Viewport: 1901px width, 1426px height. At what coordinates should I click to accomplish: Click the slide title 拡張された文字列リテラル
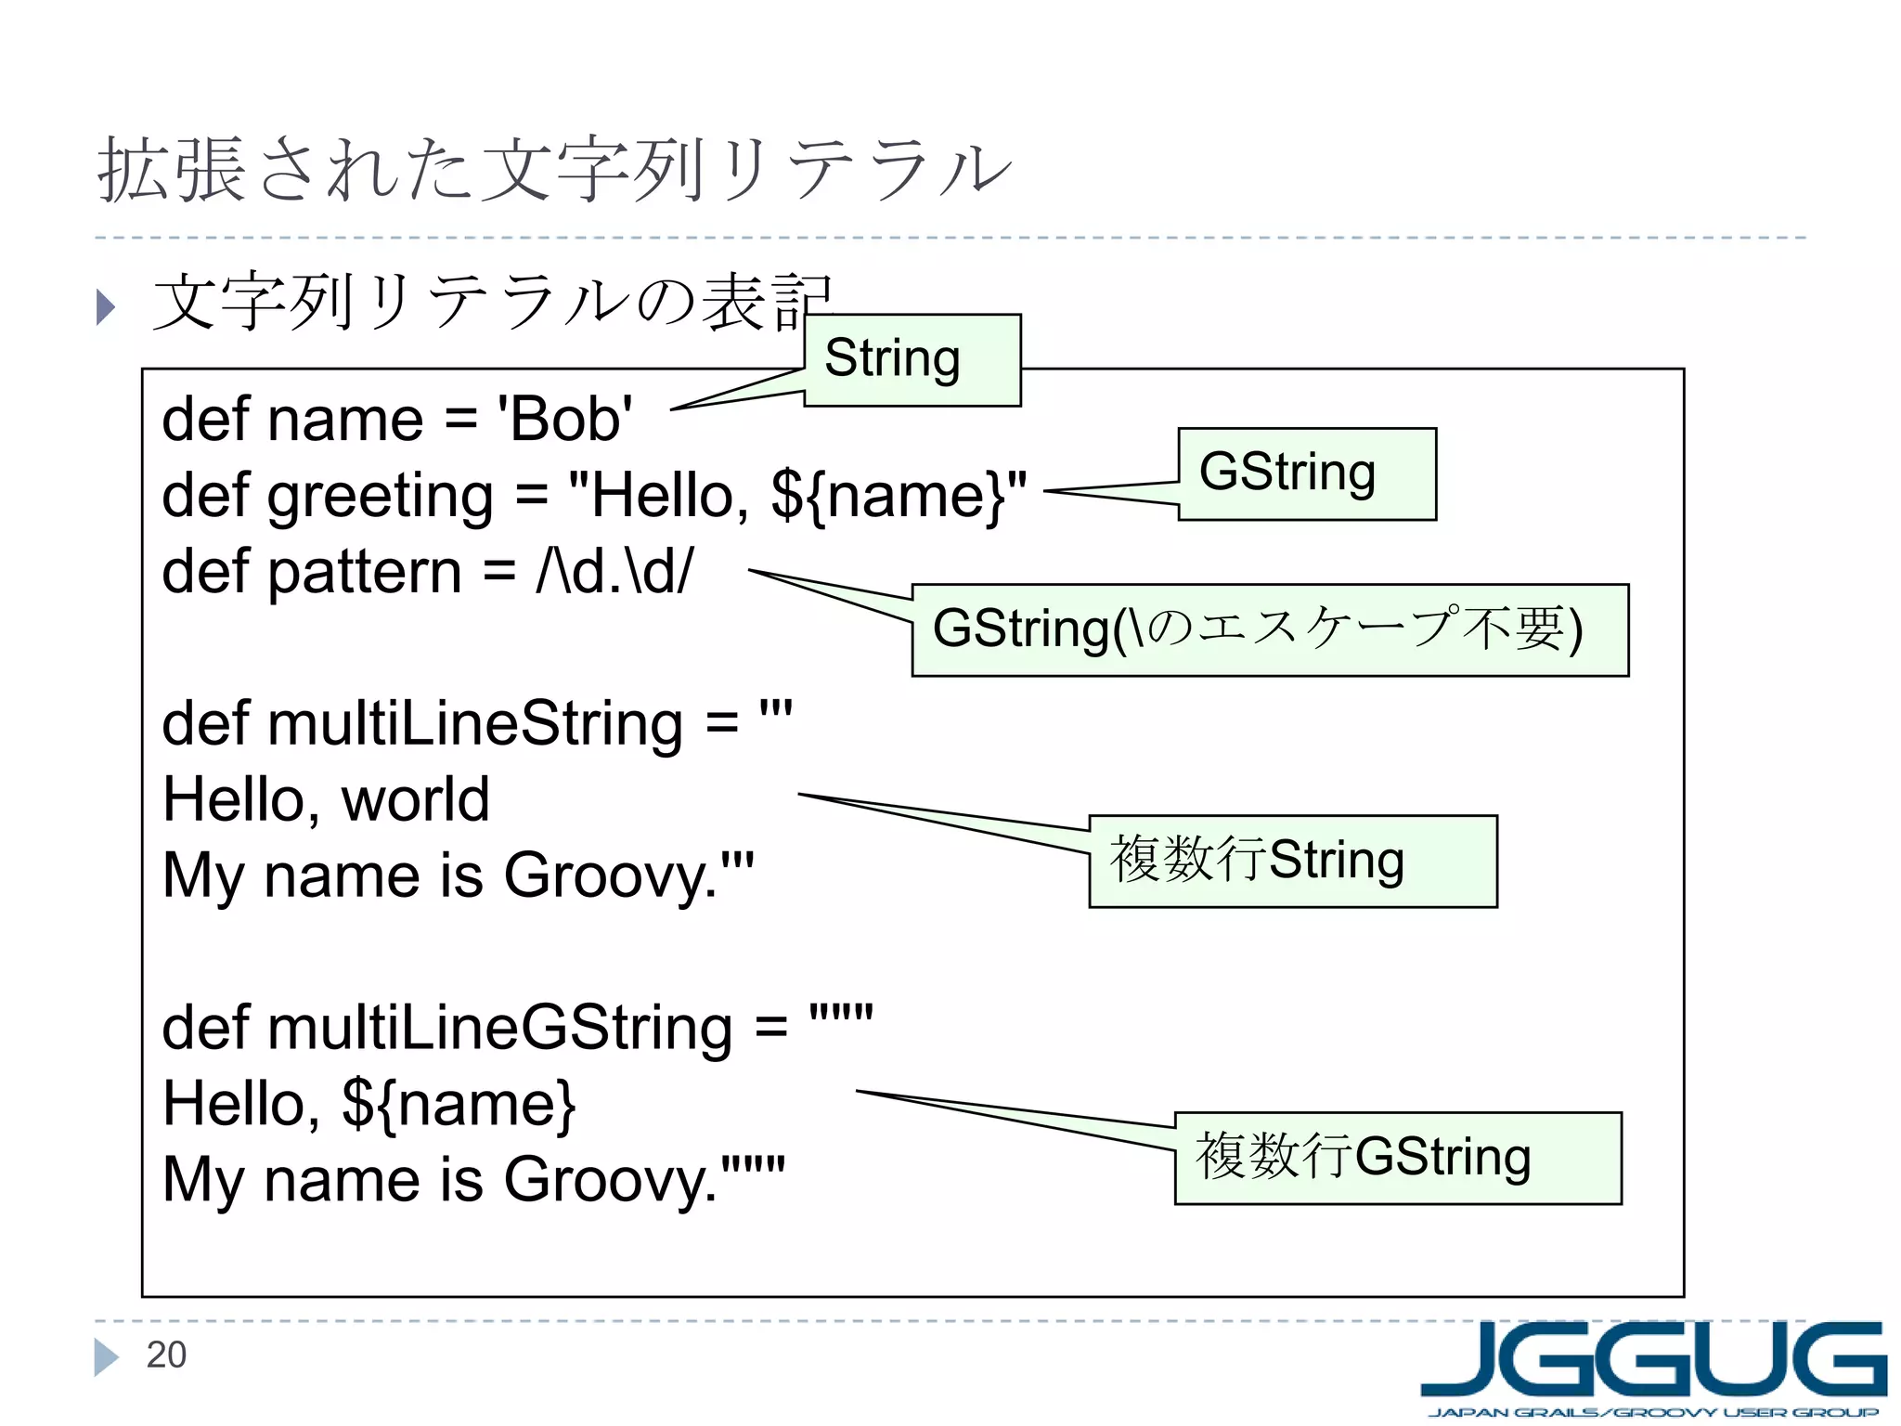tap(554, 170)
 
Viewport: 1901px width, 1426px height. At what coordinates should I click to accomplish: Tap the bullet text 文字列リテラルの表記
tap(492, 302)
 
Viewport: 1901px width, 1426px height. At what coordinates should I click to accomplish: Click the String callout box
tap(912, 359)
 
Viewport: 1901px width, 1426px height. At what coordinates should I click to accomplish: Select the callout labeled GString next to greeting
tap(1306, 473)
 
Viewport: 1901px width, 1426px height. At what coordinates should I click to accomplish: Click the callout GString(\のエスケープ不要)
tap(1269, 629)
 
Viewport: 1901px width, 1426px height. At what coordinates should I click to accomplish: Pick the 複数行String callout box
tap(1292, 861)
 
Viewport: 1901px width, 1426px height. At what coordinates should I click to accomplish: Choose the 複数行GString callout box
tap(1397, 1158)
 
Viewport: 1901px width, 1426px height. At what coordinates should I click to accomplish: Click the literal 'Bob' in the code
tap(565, 419)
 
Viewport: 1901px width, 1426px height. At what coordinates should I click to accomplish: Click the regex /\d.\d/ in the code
tap(614, 571)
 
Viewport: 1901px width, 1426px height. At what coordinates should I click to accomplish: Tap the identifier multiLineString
tap(475, 724)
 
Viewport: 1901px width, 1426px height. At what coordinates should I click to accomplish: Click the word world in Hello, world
tap(415, 799)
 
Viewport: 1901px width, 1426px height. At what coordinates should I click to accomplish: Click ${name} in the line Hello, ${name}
tap(459, 1104)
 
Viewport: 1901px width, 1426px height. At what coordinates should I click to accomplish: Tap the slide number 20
tap(166, 1355)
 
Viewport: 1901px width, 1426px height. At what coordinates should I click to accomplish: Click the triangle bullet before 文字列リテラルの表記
tap(106, 307)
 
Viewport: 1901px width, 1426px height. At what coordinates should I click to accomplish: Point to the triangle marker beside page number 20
tap(105, 1356)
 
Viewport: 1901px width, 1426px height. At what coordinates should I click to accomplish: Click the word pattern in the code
tap(365, 571)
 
